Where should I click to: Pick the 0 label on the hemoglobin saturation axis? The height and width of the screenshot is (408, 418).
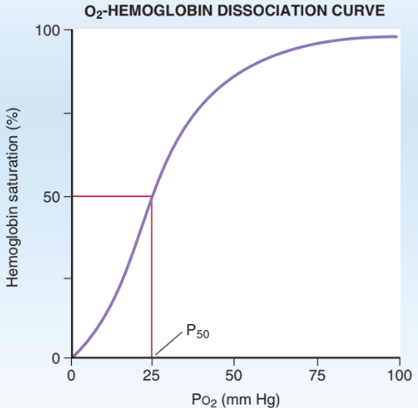pyautogui.click(x=57, y=357)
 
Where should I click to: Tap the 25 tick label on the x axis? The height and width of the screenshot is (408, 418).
pyautogui.click(x=152, y=375)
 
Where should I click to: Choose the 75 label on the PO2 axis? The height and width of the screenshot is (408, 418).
pyautogui.click(x=317, y=375)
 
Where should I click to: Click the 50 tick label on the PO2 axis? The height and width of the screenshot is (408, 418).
pyautogui.click(x=234, y=375)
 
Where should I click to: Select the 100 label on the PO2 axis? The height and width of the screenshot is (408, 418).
pyautogui.click(x=399, y=375)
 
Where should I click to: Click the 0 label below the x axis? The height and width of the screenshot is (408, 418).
pyautogui.click(x=72, y=375)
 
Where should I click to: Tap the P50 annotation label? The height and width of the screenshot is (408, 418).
pyautogui.click(x=195, y=333)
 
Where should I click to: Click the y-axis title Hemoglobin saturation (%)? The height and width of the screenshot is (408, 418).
pyautogui.click(x=15, y=196)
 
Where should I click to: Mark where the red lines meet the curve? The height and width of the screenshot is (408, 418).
pyautogui.click(x=152, y=197)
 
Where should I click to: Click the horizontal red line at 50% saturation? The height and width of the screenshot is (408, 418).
pyautogui.click(x=111, y=196)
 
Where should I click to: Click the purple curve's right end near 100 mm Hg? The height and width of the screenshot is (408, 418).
pyautogui.click(x=396, y=36)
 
